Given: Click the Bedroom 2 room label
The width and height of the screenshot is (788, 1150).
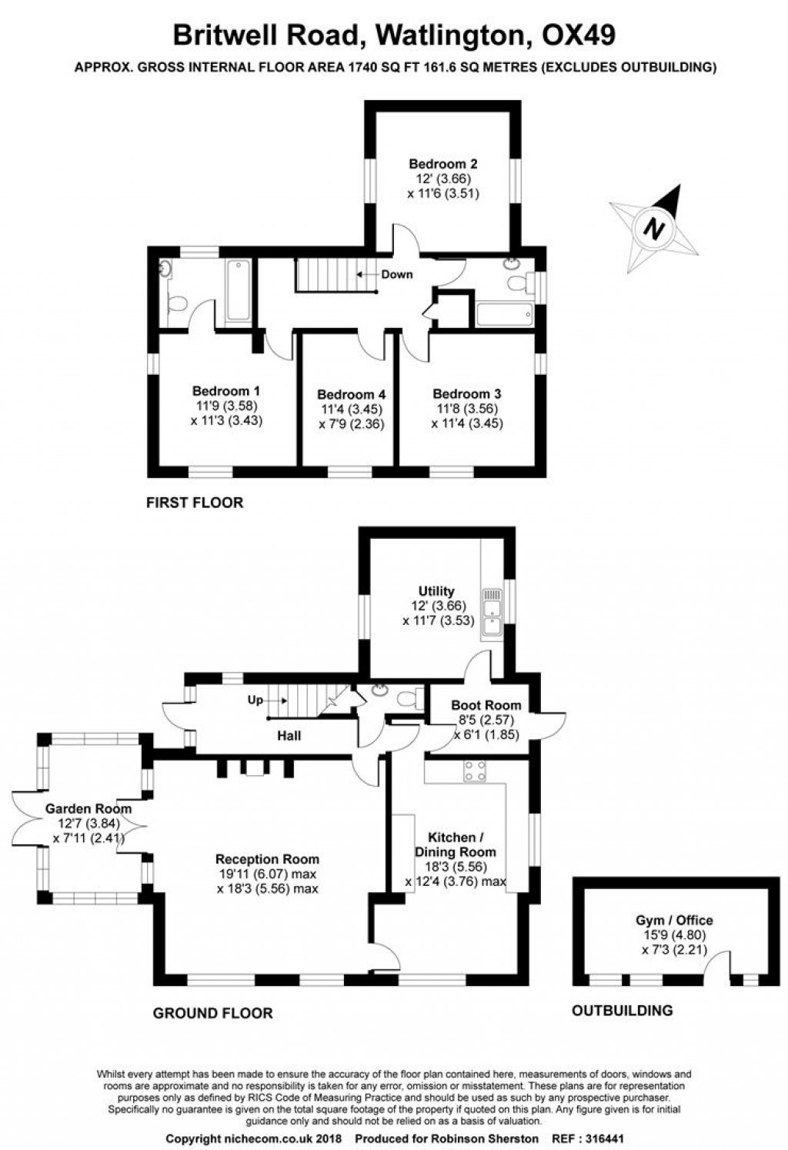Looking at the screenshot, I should coord(442,164).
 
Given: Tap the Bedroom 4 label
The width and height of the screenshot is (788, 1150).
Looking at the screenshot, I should coord(351,395).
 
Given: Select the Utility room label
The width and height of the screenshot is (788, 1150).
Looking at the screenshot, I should coord(436,591).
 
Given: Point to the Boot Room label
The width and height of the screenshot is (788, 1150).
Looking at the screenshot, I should coord(486,705).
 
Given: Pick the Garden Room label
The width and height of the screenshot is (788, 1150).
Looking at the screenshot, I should coord(88,809).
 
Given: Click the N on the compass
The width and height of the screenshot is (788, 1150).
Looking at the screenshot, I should coord(654,229).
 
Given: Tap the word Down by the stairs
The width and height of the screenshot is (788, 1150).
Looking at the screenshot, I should coord(397,275).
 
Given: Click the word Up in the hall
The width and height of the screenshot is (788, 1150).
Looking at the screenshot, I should coord(255,700).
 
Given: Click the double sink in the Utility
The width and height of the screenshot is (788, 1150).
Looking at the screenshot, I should coord(491,613).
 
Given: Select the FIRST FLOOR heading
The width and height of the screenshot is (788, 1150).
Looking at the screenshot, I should coord(195,503).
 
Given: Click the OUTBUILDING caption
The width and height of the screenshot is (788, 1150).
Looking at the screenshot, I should coord(622,1011).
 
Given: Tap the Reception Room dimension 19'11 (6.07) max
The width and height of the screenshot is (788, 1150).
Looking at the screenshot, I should coord(267,874).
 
